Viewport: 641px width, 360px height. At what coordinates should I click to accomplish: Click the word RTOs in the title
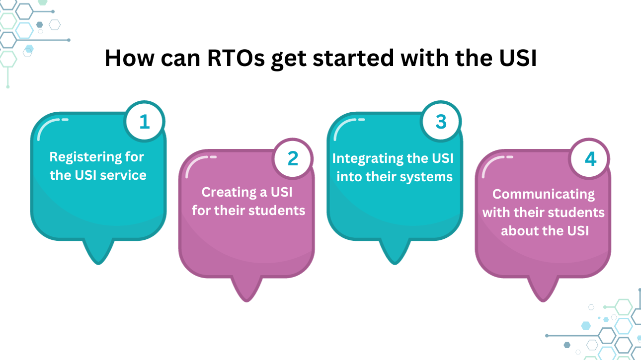(x=236, y=58)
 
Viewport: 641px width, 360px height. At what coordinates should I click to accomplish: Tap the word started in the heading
(x=353, y=58)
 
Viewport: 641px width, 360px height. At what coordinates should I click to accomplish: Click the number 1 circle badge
(x=145, y=122)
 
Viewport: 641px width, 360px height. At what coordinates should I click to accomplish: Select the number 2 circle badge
(x=293, y=159)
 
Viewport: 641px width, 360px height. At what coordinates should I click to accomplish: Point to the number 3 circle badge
(x=441, y=122)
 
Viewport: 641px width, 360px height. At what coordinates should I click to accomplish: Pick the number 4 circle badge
(x=589, y=159)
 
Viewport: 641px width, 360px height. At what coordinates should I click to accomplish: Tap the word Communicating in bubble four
(x=544, y=195)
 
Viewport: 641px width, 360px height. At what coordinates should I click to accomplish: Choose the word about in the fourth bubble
(x=518, y=231)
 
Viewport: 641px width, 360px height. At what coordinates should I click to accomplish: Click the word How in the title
(x=130, y=58)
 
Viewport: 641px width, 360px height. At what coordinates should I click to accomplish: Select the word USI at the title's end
(x=518, y=58)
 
